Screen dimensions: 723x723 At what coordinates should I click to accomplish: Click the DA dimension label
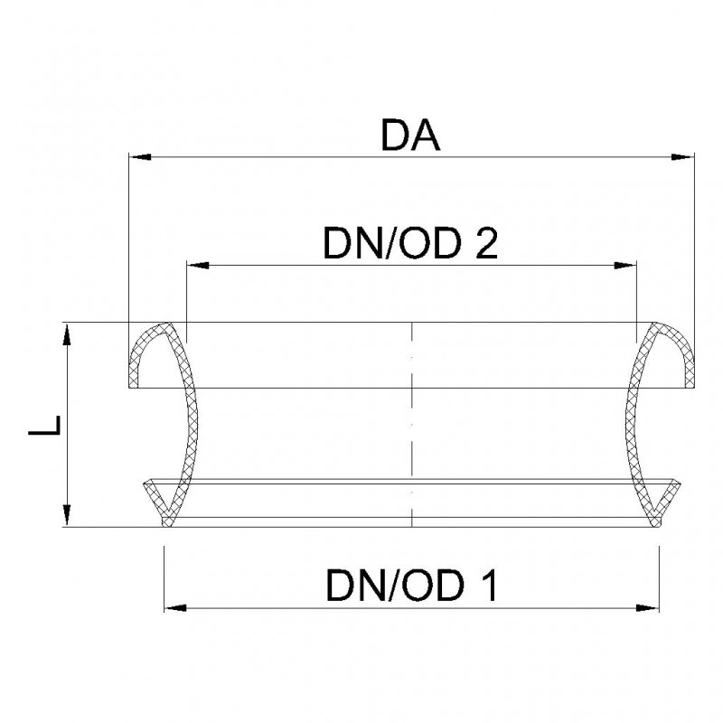(410, 135)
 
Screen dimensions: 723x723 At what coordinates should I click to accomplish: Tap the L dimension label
(44, 425)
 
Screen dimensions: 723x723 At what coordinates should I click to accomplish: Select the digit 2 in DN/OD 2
(485, 243)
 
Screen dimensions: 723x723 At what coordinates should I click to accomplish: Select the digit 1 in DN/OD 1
(487, 585)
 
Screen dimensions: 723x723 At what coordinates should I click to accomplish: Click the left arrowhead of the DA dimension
(140, 157)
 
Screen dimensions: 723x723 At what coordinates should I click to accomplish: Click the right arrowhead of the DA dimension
(682, 157)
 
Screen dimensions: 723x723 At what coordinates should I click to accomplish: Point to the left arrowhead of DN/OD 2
(198, 266)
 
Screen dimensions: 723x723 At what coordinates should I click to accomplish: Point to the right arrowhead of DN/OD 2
(624, 266)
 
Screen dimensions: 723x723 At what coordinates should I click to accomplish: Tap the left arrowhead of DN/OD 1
(175, 608)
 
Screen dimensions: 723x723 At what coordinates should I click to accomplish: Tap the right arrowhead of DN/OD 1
(647, 608)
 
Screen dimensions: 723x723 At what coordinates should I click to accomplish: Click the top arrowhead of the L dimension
(67, 334)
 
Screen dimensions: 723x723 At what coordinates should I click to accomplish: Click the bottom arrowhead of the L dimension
(67, 514)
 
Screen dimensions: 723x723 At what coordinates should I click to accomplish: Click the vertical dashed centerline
(411, 424)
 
